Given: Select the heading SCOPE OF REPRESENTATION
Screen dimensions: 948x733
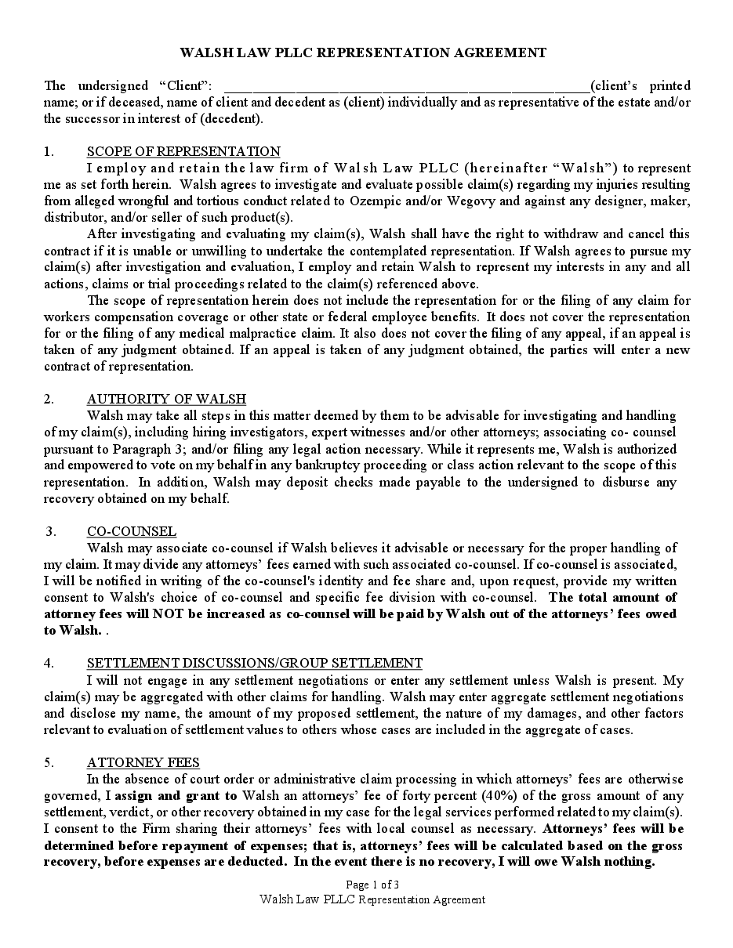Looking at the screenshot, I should [x=183, y=151].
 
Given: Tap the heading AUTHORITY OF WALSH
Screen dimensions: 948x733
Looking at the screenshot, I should [x=166, y=399].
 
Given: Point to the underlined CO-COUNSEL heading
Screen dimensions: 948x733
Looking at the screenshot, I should [x=132, y=531].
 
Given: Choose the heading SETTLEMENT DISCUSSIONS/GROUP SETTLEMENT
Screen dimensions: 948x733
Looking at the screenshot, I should [x=255, y=663].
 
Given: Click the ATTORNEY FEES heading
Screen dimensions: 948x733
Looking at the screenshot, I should [x=143, y=762].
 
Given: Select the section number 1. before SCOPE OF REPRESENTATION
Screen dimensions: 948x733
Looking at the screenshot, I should [x=49, y=151].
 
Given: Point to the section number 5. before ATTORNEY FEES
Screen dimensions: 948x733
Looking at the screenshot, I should [x=49, y=762].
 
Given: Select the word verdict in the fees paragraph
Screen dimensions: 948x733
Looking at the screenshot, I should [x=117, y=812].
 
